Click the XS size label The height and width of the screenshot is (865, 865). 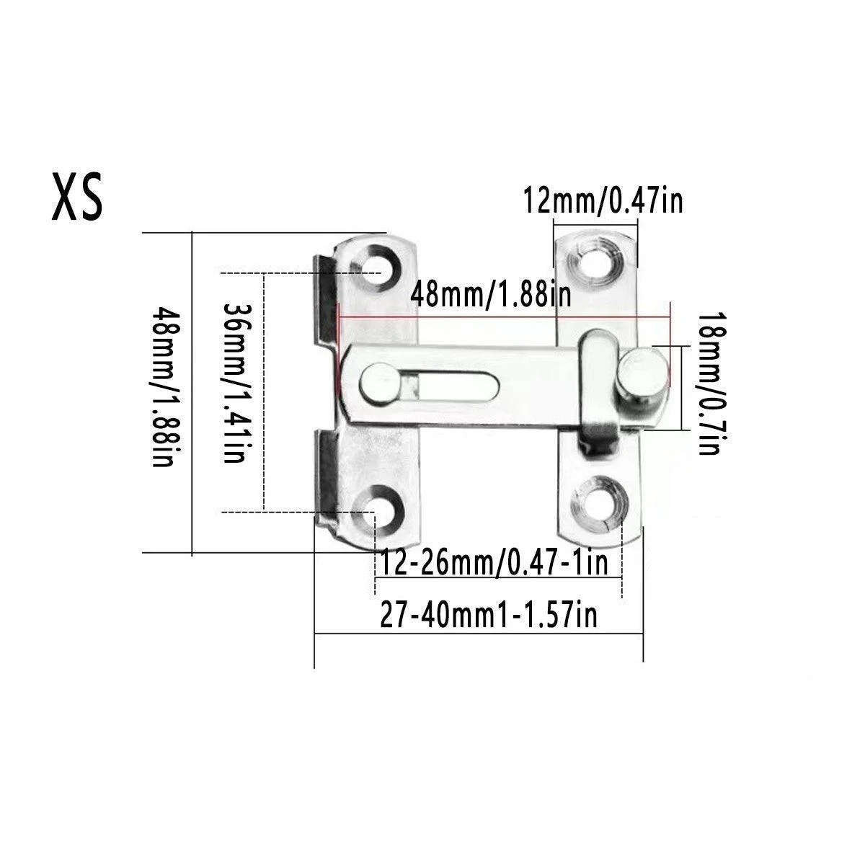[x=77, y=197]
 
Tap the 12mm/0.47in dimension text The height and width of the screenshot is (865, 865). [x=603, y=202]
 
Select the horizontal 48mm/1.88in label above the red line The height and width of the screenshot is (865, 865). [x=491, y=295]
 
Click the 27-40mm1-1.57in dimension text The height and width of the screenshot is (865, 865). [x=489, y=615]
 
